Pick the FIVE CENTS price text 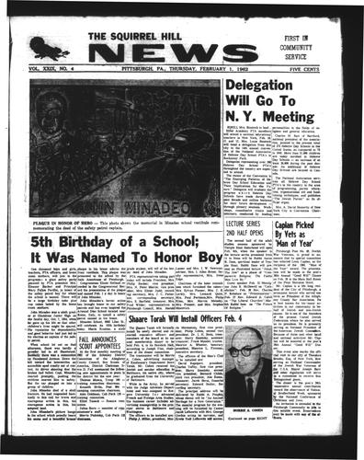click(x=328, y=67)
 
